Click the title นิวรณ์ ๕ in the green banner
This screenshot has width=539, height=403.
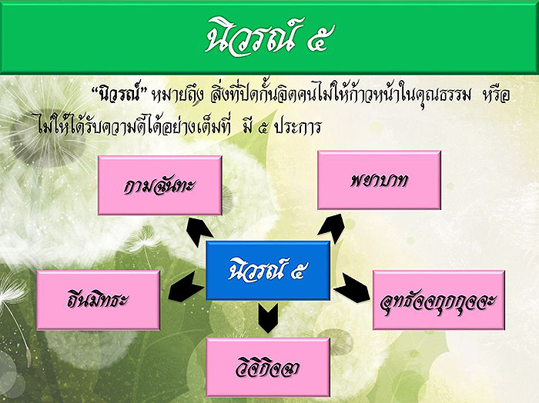coord(269,36)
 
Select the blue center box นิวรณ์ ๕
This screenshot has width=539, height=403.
coord(268,271)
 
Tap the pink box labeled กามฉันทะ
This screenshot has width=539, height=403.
coord(160,185)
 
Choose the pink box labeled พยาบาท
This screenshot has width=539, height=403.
coord(379,180)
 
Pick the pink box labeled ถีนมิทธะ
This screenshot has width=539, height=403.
coord(99,300)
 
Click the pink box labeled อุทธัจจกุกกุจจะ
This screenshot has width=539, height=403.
coord(439,300)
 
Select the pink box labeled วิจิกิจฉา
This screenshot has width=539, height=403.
coord(268,368)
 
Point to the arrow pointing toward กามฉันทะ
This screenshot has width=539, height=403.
coord(199,232)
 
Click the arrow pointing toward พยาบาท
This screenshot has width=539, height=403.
coord(331,228)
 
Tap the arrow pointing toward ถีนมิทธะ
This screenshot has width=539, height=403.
coord(186,286)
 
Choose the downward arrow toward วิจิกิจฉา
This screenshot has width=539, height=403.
coord(268,318)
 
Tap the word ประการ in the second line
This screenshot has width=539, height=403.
coord(298,128)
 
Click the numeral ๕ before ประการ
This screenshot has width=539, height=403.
coord(263,128)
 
